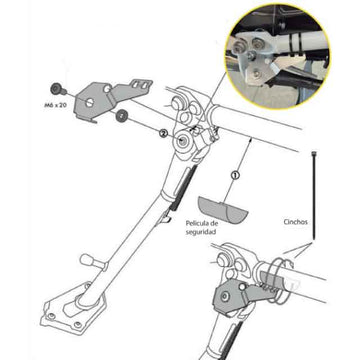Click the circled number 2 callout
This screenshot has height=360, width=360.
[x=162, y=131]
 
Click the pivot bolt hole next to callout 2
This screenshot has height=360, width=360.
[x=186, y=147]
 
